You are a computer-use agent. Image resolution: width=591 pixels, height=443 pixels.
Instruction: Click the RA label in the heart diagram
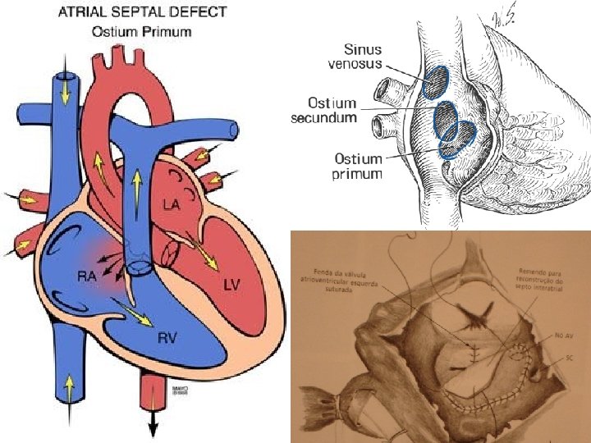point(86,276)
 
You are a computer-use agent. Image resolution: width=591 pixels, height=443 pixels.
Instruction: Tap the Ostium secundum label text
point(324,110)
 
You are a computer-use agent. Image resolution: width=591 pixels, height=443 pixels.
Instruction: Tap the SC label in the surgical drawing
point(558,359)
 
